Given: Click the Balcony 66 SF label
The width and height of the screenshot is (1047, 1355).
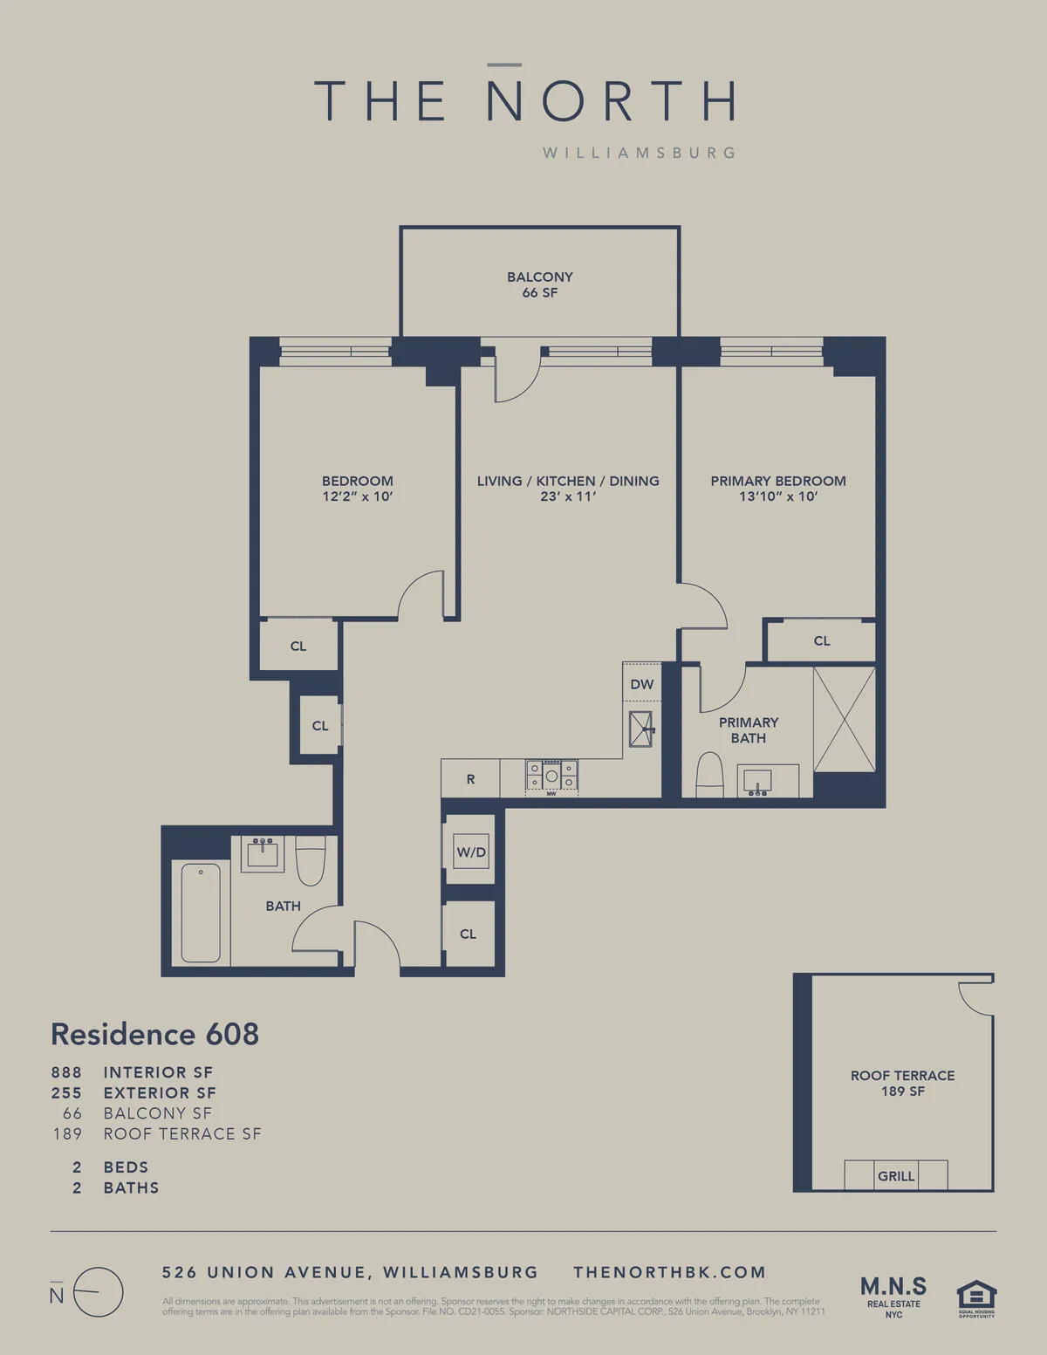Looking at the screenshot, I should [x=539, y=284].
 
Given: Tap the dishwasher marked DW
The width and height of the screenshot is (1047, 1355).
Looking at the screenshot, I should [x=641, y=684].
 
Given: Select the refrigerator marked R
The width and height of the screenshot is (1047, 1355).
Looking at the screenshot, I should [x=470, y=779].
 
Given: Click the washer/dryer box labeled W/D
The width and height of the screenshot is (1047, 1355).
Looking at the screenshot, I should [x=471, y=852].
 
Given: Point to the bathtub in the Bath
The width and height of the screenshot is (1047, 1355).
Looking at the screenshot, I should [x=201, y=912].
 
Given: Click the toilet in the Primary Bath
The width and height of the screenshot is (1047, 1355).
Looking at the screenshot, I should [x=710, y=777].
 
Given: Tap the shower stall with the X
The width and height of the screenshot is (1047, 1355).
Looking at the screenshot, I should [x=844, y=719].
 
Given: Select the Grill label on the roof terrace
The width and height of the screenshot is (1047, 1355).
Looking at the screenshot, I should [x=896, y=1176].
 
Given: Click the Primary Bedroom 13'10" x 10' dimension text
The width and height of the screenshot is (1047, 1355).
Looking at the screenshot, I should [x=777, y=496].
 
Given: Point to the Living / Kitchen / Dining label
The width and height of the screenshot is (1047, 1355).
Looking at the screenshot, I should [x=567, y=481].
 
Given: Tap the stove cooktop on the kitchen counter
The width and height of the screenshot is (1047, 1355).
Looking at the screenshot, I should [x=551, y=776].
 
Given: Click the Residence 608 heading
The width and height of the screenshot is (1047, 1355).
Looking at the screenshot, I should [x=155, y=1034].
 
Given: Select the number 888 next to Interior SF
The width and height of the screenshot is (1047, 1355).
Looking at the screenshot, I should [x=66, y=1072].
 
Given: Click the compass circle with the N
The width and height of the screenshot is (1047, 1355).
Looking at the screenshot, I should [x=98, y=1292].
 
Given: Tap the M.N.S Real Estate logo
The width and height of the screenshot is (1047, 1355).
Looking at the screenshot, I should [x=893, y=1296].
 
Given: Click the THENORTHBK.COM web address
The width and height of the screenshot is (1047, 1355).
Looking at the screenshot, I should [x=669, y=1272].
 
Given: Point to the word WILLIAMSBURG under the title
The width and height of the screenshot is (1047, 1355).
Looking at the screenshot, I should [x=639, y=153].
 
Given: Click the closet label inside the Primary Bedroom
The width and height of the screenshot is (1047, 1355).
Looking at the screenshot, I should [x=821, y=640].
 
